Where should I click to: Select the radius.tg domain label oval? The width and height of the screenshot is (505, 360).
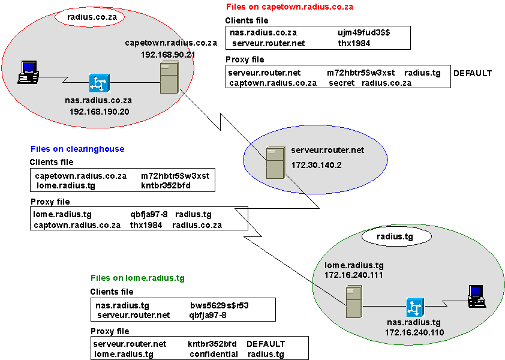pyautogui.click(x=389, y=237)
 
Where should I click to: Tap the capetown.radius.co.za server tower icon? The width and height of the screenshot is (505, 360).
pyautogui.click(x=168, y=79)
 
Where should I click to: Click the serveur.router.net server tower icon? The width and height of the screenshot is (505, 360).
pyautogui.click(x=276, y=163)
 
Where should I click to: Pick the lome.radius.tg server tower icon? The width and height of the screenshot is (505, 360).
pyautogui.click(x=354, y=302)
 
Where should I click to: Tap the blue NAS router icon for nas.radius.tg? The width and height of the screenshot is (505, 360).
pyautogui.click(x=414, y=307)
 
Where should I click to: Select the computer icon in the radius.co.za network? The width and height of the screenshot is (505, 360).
pyautogui.click(x=27, y=72)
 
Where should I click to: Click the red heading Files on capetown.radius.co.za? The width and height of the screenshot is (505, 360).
pyautogui.click(x=289, y=7)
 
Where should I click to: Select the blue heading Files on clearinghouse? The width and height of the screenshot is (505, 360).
pyautogui.click(x=77, y=149)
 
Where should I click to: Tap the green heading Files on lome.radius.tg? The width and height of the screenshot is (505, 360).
pyautogui.click(x=137, y=278)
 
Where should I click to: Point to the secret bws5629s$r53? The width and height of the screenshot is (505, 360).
pyautogui.click(x=220, y=305)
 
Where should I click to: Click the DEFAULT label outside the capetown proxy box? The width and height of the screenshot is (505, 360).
pyautogui.click(x=473, y=73)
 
